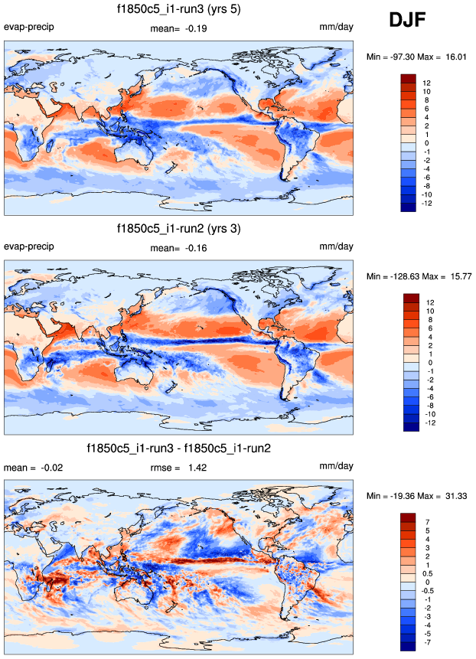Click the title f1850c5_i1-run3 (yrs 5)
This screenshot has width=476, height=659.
(178, 9)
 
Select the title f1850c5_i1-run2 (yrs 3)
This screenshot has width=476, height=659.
(178, 228)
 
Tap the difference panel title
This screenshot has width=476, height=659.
(178, 447)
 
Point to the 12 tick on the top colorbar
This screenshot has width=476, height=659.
(427, 83)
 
